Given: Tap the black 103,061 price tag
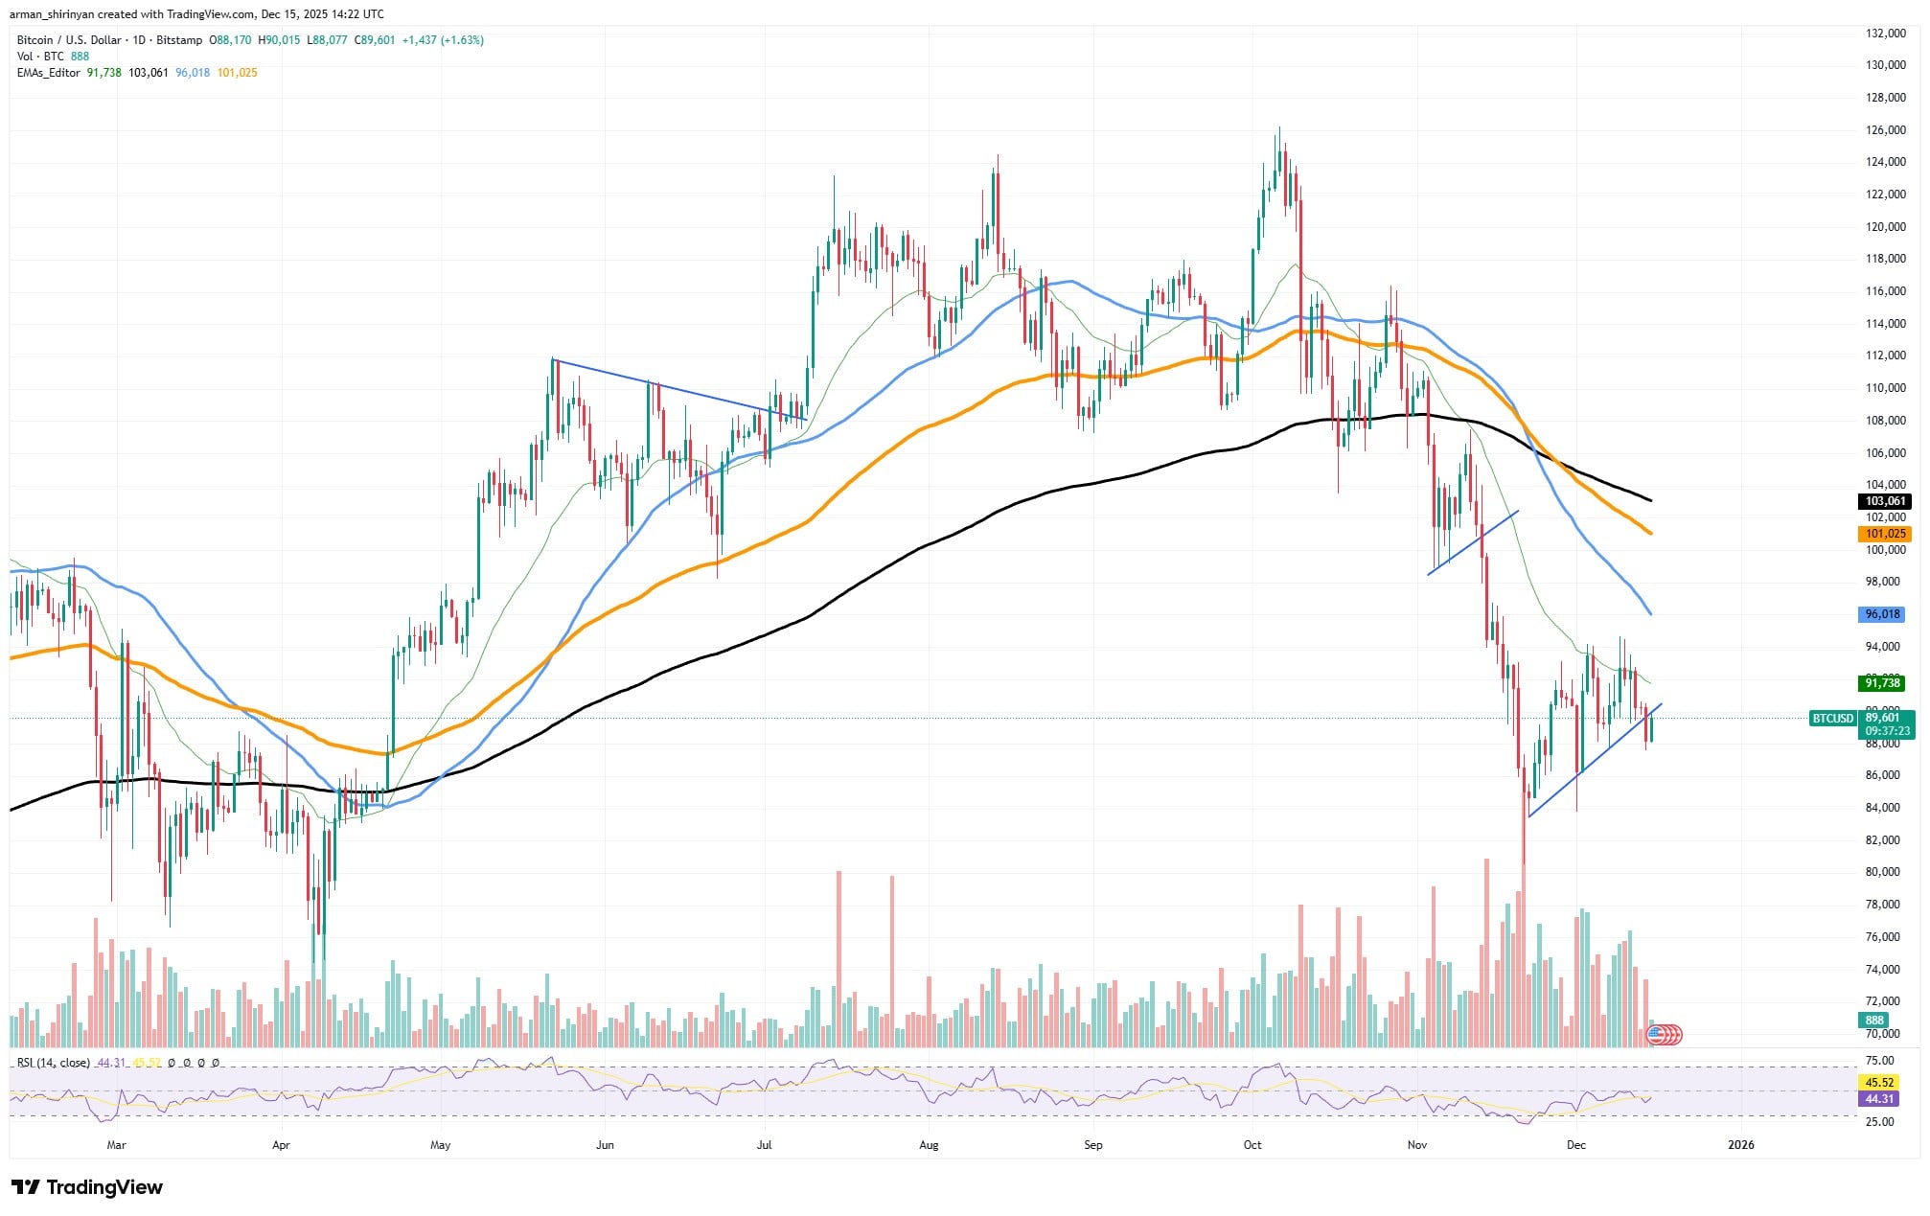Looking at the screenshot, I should (1884, 501).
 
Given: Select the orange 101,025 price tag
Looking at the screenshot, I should (1884, 534).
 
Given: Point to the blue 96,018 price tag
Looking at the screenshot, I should (1882, 614).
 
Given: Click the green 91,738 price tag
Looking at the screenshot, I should (1882, 683).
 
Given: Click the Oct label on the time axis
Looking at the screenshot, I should (1252, 1144).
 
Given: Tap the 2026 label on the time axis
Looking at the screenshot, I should (1740, 1144).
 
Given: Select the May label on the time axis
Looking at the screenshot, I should (440, 1144).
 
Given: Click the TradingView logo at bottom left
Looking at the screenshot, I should (87, 1187).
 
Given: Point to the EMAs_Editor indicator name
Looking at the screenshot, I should (49, 73).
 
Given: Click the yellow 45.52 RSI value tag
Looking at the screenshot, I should (1880, 1083).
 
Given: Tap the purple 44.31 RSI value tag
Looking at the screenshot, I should (1880, 1099).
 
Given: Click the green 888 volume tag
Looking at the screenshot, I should (1874, 1021).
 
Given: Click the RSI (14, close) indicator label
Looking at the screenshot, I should (54, 1063).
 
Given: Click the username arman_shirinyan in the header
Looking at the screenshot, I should (51, 14).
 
